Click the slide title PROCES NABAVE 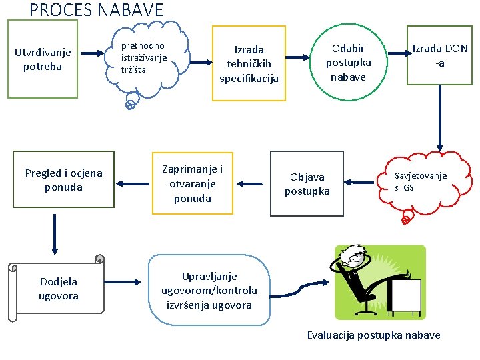point(97,10)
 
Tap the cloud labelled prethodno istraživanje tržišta point(146,59)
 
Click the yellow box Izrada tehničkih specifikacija point(249,63)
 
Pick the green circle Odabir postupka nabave point(348,63)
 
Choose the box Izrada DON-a point(439,56)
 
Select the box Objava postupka point(307,184)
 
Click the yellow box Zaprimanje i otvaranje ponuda point(193,183)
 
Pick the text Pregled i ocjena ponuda point(64,180)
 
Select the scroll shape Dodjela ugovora point(59,289)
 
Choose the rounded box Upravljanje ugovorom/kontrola point(209,291)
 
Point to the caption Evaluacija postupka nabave point(373,335)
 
